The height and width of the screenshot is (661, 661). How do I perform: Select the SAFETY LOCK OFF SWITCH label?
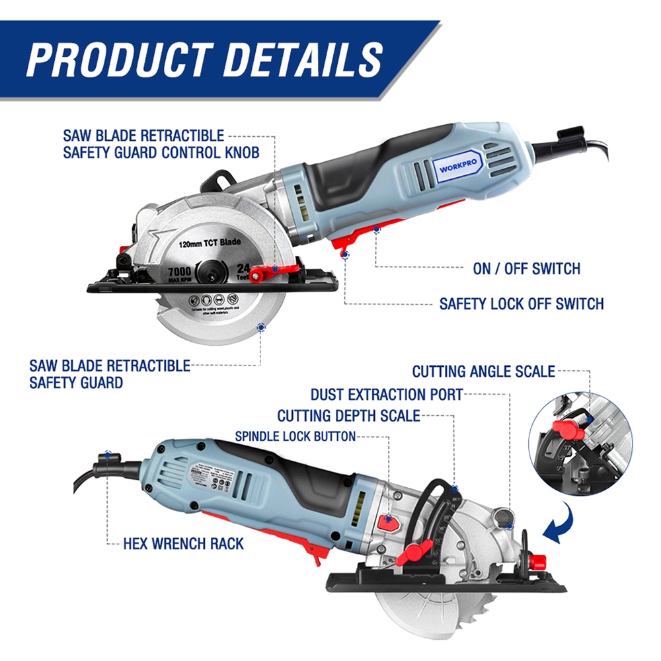coord(522,303)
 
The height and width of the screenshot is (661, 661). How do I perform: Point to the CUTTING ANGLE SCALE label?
coord(483,371)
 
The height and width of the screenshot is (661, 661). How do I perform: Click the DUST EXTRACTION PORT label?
coord(387,395)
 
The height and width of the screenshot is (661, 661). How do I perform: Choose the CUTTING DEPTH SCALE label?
coord(348,416)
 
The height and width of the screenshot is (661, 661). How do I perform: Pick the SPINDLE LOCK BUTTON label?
coord(295,436)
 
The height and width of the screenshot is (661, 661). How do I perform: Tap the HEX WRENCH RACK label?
coord(183,544)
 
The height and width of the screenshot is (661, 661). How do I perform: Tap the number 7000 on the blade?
coord(178,272)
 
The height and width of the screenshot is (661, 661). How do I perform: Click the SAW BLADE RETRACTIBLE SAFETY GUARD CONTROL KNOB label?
coord(161,143)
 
